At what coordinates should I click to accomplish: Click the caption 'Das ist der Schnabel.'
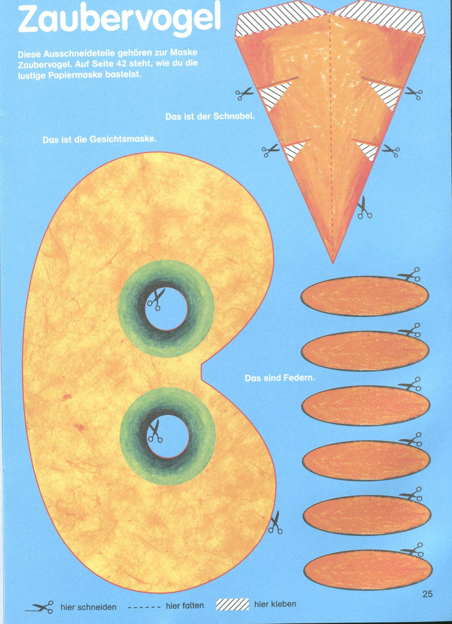[x=211, y=117]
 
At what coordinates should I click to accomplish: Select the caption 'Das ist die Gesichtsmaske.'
[x=100, y=140]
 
